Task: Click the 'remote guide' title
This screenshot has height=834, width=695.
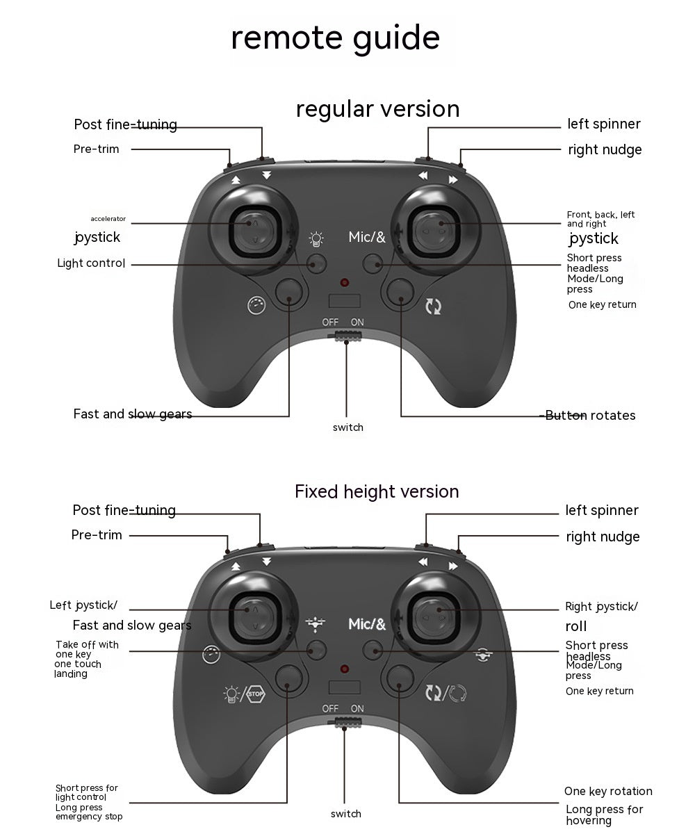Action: click(x=335, y=38)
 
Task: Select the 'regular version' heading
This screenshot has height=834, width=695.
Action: click(x=377, y=109)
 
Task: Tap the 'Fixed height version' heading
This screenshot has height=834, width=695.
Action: click(x=377, y=491)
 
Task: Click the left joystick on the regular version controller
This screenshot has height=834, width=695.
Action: click(x=255, y=231)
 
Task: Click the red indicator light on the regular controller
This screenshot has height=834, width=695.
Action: click(x=344, y=282)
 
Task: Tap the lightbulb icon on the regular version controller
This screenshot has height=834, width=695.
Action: click(x=316, y=239)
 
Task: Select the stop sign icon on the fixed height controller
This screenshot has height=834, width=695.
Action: click(x=256, y=694)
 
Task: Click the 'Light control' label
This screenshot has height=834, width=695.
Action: click(x=91, y=263)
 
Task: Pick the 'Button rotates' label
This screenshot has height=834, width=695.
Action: click(x=590, y=416)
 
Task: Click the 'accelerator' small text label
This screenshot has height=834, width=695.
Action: click(x=108, y=218)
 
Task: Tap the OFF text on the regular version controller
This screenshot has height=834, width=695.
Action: click(x=330, y=322)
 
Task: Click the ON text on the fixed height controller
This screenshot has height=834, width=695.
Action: click(x=357, y=709)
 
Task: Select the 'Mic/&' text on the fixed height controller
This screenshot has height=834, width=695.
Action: click(x=367, y=623)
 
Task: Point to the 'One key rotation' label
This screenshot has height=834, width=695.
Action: click(x=608, y=791)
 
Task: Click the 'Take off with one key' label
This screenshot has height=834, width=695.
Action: click(x=87, y=649)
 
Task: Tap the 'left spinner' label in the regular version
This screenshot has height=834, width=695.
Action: click(x=603, y=124)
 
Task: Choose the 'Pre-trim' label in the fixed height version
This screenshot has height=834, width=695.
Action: click(x=97, y=535)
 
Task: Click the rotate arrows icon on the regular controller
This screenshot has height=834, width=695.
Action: click(x=434, y=306)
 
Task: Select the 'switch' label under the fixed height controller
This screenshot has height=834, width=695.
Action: click(x=346, y=814)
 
